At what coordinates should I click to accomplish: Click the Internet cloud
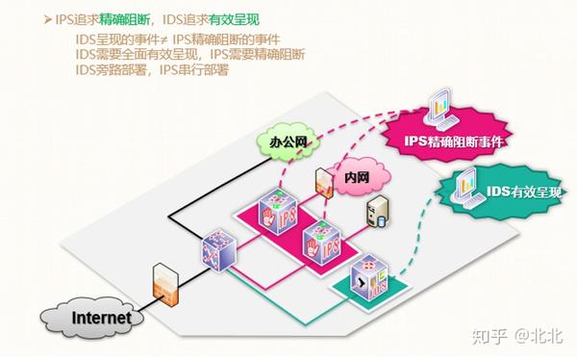pyautogui.click(x=92, y=315)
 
